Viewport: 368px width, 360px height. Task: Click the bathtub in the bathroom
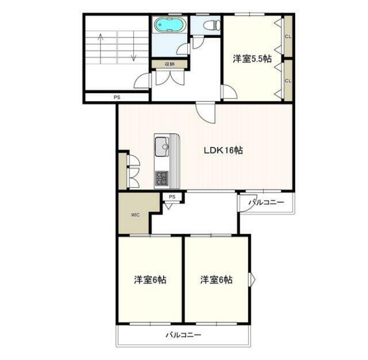170,25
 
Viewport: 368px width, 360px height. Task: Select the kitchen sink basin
162,147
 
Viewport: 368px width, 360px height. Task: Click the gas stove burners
162,178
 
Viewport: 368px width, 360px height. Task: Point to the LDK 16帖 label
223,150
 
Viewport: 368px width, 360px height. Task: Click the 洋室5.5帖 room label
252,58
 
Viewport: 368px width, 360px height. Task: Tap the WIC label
135,215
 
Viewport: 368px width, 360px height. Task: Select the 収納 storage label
170,64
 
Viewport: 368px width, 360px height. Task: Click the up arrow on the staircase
101,49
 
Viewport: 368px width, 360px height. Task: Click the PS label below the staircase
117,97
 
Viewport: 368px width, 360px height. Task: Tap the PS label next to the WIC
172,197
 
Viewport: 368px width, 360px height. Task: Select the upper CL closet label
288,36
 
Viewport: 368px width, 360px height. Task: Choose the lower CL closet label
288,81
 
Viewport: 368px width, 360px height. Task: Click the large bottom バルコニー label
183,335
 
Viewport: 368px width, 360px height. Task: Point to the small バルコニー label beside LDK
266,202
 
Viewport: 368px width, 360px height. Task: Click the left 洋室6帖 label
150,280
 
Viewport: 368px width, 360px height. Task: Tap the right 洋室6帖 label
217,280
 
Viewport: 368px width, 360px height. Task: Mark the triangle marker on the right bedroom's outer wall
252,279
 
